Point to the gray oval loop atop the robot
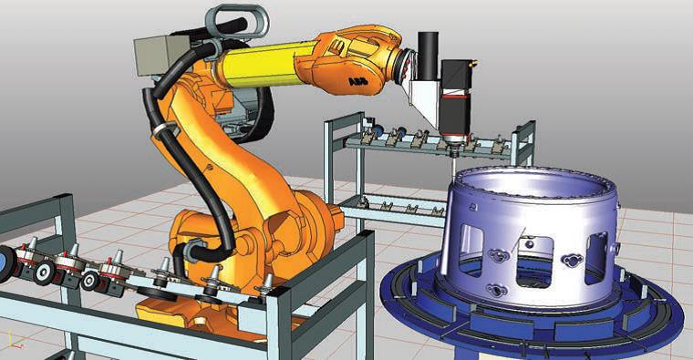coord(236,20)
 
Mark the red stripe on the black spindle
coord(455,95)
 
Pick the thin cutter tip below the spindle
coord(453,167)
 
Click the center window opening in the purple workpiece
coord(534,262)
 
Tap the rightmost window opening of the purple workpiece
coord(595,258)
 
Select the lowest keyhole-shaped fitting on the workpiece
coord(495,290)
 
